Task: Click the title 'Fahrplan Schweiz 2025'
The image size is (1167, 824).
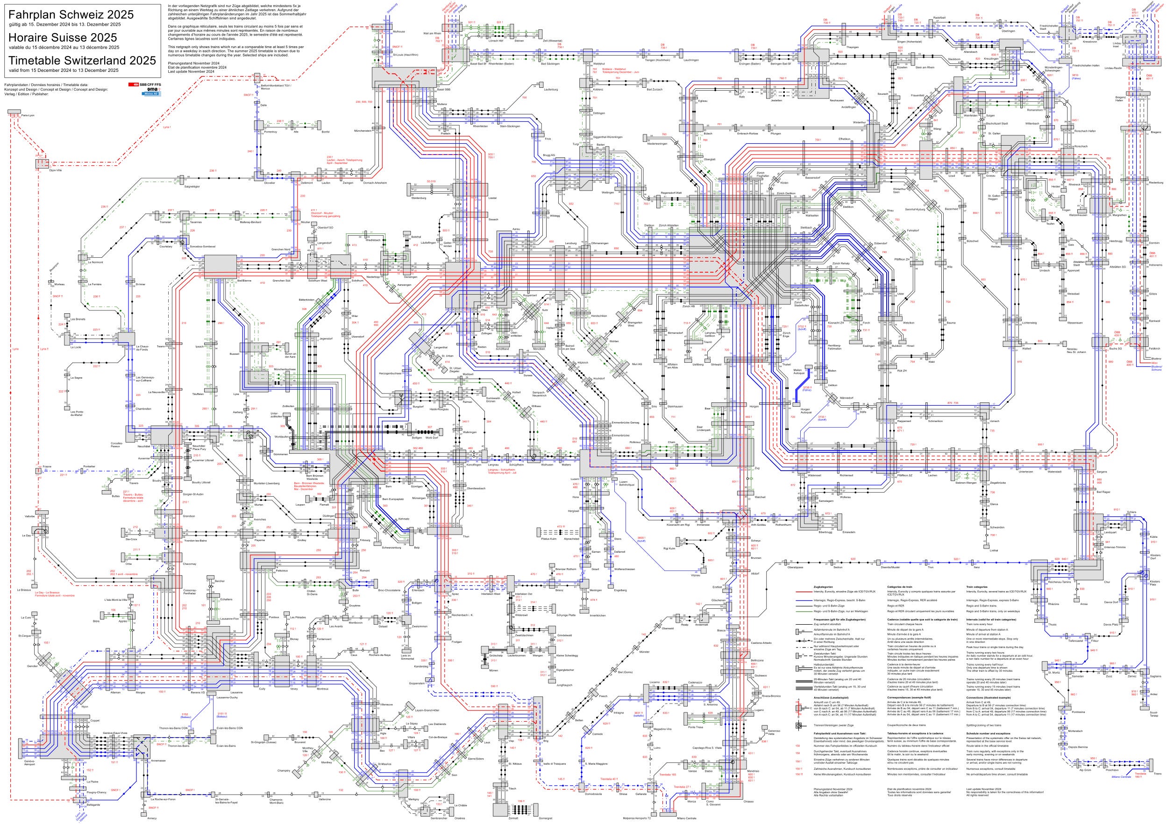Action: pos(71,15)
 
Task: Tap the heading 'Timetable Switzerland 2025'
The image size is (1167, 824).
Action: pos(82,60)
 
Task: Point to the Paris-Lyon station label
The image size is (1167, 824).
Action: pos(28,116)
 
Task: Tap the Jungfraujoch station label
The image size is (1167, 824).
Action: pos(564,685)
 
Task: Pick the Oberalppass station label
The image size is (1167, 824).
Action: pos(795,567)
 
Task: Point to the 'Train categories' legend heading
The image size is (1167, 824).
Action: pos(976,586)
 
